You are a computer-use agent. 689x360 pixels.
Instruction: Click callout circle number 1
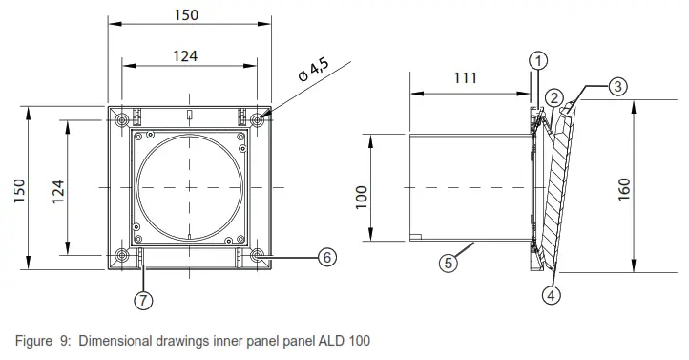point(539,61)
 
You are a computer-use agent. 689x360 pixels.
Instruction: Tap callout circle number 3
point(617,86)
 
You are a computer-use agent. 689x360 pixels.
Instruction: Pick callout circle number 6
point(325,256)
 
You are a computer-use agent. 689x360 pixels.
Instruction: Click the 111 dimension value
point(465,78)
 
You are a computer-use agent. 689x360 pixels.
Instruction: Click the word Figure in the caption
point(35,341)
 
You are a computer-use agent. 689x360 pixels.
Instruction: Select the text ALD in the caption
point(329,341)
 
